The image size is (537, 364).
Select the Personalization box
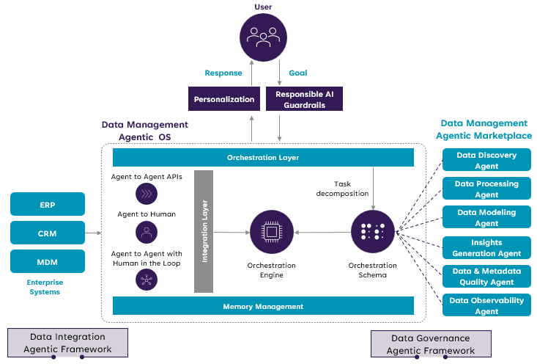(x=224, y=99)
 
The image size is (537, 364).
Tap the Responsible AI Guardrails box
(x=304, y=99)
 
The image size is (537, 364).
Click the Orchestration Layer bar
(x=263, y=158)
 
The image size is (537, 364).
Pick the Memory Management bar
(x=263, y=306)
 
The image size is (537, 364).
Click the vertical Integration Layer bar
(x=204, y=230)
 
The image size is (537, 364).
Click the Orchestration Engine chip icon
(x=272, y=232)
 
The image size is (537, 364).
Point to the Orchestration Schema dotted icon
(x=373, y=232)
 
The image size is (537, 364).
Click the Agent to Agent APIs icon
(x=147, y=193)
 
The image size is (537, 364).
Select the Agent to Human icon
(x=147, y=233)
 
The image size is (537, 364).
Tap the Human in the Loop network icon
(x=147, y=279)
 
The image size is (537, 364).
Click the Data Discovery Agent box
(x=486, y=160)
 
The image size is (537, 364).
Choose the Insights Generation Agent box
(x=486, y=247)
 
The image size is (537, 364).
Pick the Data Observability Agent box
(x=486, y=305)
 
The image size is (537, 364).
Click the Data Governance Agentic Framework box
(x=431, y=343)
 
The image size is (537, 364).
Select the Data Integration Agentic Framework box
(x=67, y=343)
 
